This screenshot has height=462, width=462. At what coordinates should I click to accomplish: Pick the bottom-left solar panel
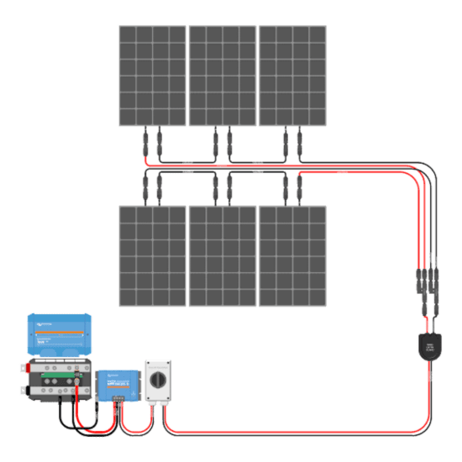[151, 255]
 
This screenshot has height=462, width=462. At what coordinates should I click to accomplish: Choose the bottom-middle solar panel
[222, 255]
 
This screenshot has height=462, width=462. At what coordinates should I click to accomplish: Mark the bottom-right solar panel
[292, 255]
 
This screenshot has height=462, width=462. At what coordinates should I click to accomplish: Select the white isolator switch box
[159, 382]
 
